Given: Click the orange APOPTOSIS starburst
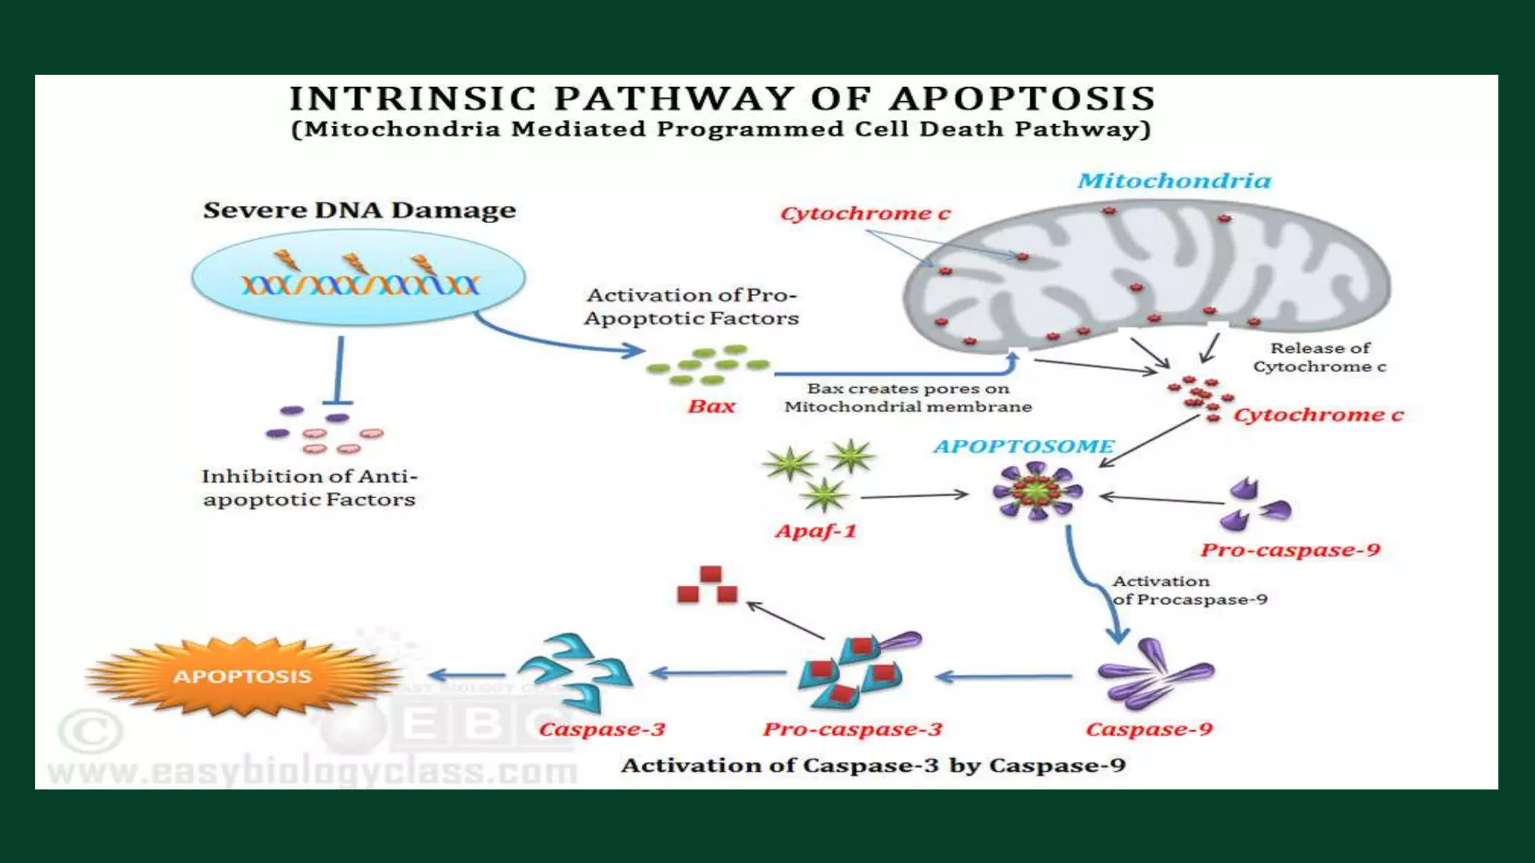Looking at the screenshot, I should (x=243, y=676).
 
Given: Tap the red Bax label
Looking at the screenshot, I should (x=711, y=407).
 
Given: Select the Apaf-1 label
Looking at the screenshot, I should (x=815, y=531).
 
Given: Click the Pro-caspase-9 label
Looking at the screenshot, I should (x=1290, y=550).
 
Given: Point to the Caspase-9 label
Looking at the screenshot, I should (x=1149, y=729).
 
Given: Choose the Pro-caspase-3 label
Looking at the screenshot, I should (x=852, y=729).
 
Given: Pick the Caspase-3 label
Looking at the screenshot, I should (x=602, y=729).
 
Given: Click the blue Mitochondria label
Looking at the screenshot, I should (x=1174, y=181).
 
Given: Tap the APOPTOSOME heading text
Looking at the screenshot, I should (x=1024, y=446).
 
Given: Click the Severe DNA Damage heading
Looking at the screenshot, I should (x=360, y=211).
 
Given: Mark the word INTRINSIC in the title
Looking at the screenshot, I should (x=413, y=99).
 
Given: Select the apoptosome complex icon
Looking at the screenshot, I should (x=1037, y=491).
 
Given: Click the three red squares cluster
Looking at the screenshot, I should (x=708, y=586).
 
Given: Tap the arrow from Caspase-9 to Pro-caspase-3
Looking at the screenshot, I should (x=1004, y=676).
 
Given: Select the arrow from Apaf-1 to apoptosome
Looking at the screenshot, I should (x=914, y=495).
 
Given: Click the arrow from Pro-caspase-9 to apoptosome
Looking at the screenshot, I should (x=1162, y=499).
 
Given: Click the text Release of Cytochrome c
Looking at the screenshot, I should (x=1319, y=357).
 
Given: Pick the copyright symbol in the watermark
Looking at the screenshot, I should (x=91, y=730).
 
